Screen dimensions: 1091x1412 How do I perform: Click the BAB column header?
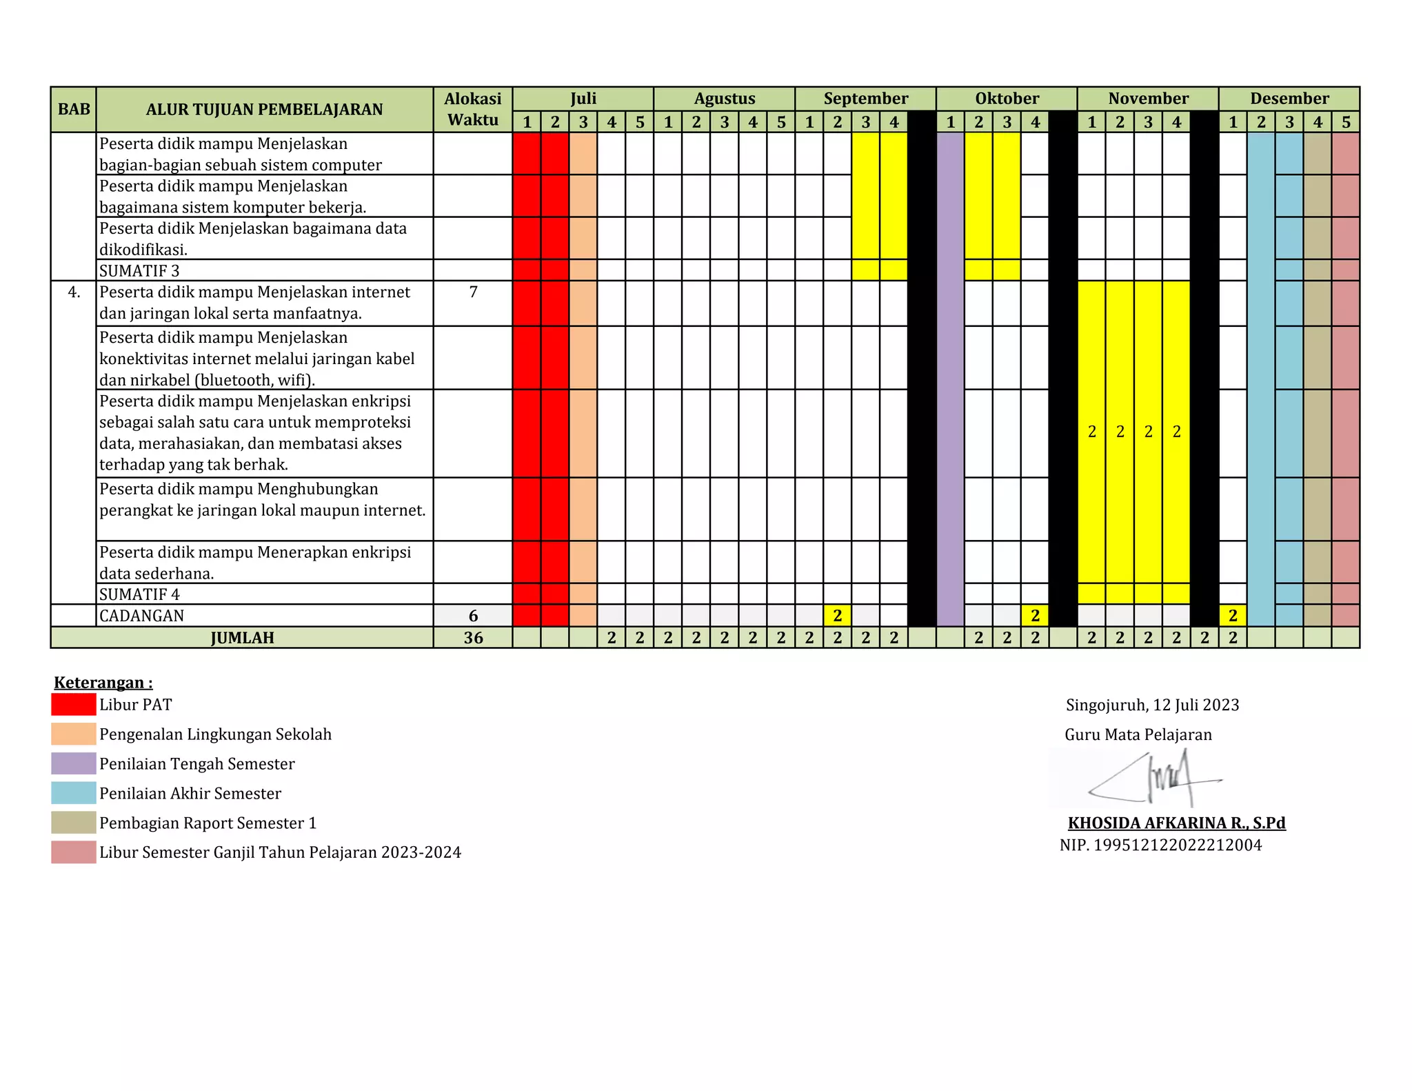tap(74, 110)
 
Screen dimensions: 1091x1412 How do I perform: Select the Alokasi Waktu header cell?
tap(472, 110)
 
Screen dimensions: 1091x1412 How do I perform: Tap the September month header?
tap(865, 99)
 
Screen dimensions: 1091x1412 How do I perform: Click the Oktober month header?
tap(1007, 99)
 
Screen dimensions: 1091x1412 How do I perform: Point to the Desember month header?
tap(1289, 99)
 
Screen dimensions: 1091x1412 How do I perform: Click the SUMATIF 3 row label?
tap(139, 270)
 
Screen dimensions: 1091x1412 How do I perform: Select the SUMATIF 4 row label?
tap(139, 594)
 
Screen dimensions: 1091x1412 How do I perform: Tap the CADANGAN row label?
tap(142, 616)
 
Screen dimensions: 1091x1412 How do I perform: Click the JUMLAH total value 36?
tap(473, 638)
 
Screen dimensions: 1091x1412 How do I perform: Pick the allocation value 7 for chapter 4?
tap(473, 292)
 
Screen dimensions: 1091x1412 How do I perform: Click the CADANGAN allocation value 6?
tap(473, 616)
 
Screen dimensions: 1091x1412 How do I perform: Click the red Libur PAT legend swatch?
tap(74, 704)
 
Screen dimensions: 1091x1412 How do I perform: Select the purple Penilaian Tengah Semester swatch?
tap(74, 763)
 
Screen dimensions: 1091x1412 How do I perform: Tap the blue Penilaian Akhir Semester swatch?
tap(74, 793)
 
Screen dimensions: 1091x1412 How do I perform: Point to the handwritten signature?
tap(1158, 780)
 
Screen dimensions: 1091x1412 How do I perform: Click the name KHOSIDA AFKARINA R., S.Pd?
tap(1176, 823)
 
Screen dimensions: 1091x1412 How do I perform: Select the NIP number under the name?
tap(1160, 845)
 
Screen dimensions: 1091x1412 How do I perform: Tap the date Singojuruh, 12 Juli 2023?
tap(1152, 705)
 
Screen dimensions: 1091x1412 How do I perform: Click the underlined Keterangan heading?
tap(103, 683)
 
